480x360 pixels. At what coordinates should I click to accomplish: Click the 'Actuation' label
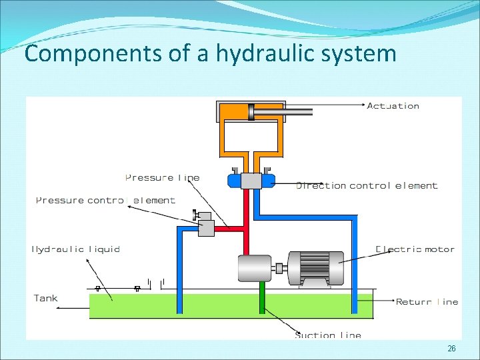pos(393,106)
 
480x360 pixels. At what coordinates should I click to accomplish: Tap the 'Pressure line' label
pos(162,178)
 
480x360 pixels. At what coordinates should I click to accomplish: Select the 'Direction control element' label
pos(367,186)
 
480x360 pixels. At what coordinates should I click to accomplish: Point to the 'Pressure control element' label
pos(105,200)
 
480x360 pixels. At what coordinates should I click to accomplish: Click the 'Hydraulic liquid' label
pos(76,249)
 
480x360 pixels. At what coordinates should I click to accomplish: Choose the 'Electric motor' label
pos(415,249)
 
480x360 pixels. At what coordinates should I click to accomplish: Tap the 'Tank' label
pos(46,298)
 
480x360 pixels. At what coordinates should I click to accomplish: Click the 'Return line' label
pos(427,302)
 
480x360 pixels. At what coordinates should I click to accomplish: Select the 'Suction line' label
pos(328,335)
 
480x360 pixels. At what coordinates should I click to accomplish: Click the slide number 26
pos(451,349)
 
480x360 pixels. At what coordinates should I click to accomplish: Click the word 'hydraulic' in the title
pos(259,53)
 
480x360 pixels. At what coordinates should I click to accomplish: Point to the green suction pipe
pos(263,297)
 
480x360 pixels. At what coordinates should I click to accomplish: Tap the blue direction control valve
pos(250,180)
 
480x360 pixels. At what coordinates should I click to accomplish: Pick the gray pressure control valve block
pos(206,228)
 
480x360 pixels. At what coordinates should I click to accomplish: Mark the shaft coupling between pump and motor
pos(279,269)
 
